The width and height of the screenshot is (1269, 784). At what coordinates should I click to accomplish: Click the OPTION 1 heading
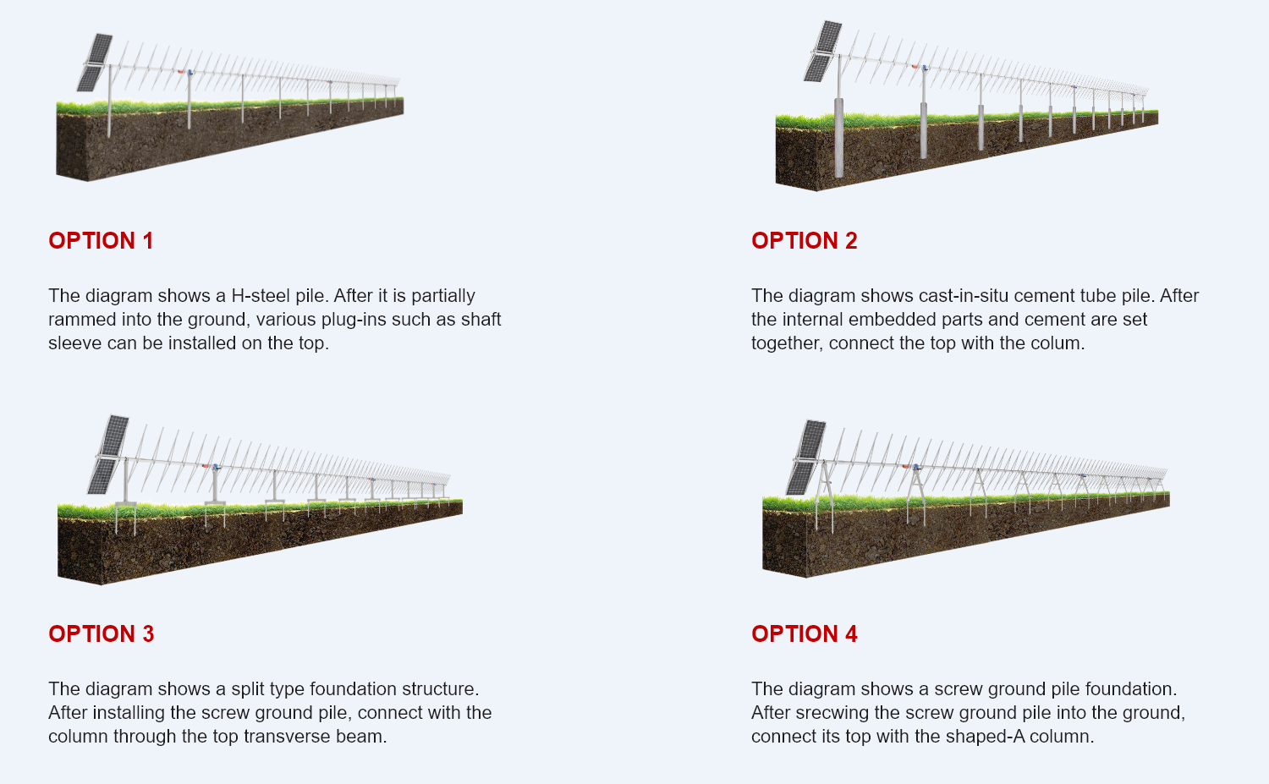click(x=101, y=241)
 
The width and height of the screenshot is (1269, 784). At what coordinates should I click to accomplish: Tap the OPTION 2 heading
click(x=804, y=241)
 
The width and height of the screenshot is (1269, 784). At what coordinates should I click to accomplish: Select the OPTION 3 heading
click(x=101, y=634)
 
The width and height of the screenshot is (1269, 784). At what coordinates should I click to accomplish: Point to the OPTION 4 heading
click(x=804, y=634)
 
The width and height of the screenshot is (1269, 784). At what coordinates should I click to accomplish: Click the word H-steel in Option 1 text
click(x=261, y=296)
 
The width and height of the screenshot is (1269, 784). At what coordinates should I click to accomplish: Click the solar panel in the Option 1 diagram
click(x=95, y=63)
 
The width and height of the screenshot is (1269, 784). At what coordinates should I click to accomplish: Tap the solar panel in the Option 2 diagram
click(x=822, y=51)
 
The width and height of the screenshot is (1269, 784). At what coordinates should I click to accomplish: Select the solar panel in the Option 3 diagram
click(x=108, y=454)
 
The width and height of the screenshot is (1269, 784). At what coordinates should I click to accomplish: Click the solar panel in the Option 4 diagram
click(x=805, y=458)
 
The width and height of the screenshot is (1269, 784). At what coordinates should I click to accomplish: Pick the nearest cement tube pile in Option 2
click(x=839, y=138)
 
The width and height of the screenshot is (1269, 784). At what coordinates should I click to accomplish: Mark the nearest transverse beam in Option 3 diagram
click(x=126, y=503)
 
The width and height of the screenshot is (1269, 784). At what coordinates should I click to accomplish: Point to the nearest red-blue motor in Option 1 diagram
click(x=186, y=72)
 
